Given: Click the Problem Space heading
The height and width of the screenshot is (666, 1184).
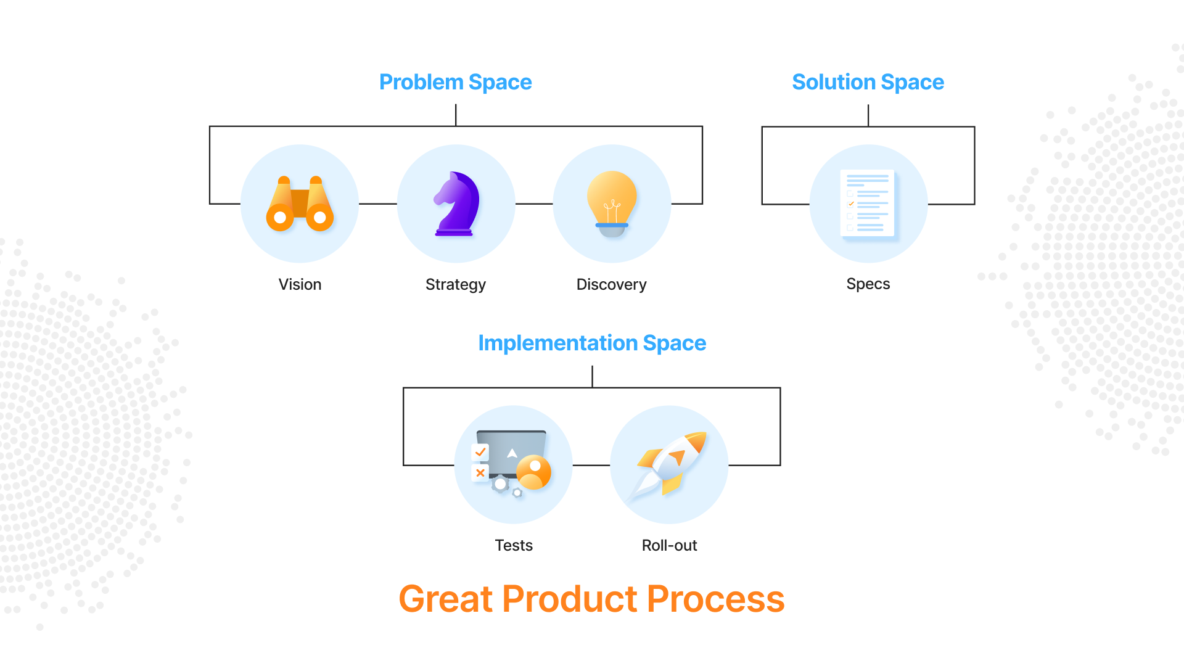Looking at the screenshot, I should click(x=455, y=82).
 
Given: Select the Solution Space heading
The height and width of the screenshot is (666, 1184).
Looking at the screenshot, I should click(x=868, y=82).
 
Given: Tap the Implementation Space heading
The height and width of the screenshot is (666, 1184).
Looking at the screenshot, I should click(x=592, y=343).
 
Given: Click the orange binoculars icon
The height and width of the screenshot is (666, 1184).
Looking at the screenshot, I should click(x=300, y=204).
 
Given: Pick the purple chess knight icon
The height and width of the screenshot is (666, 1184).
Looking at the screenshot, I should click(x=456, y=204).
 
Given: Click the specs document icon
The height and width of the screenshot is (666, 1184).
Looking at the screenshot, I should click(x=868, y=203).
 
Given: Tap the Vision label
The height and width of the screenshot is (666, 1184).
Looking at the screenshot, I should click(x=300, y=284).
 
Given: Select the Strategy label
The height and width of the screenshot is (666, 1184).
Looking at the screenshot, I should click(x=456, y=284).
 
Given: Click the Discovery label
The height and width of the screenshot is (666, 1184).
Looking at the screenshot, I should click(x=611, y=284).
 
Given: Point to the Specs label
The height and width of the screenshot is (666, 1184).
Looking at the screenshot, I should click(x=868, y=284).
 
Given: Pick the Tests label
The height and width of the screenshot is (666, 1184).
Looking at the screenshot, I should click(x=514, y=545).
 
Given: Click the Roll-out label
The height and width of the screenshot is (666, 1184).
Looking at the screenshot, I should click(x=669, y=545).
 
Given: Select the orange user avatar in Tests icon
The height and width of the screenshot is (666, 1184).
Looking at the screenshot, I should click(x=534, y=472).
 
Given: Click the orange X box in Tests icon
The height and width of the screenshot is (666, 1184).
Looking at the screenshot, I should click(x=480, y=473).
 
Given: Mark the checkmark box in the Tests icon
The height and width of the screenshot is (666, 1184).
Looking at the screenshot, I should click(x=480, y=452).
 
